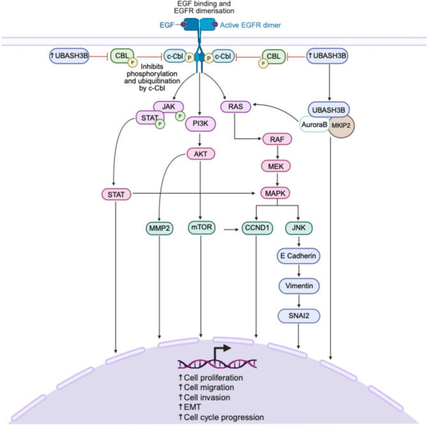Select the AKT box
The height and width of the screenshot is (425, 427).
pos(201,153)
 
